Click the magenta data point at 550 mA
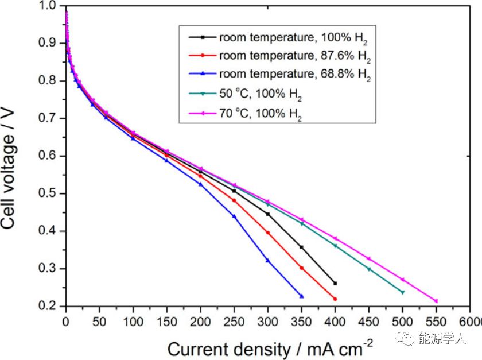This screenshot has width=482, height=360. pyautogui.click(x=436, y=301)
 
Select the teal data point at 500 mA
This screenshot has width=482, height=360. pyautogui.click(x=402, y=292)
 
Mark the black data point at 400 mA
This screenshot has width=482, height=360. pyautogui.click(x=335, y=283)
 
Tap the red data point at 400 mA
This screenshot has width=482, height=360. pyautogui.click(x=335, y=299)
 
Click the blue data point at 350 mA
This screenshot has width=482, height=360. pyautogui.click(x=302, y=296)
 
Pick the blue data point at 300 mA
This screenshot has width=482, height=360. pyautogui.click(x=268, y=261)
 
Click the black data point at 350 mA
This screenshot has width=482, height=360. pyautogui.click(x=302, y=247)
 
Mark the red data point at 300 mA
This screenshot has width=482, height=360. pyautogui.click(x=268, y=233)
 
